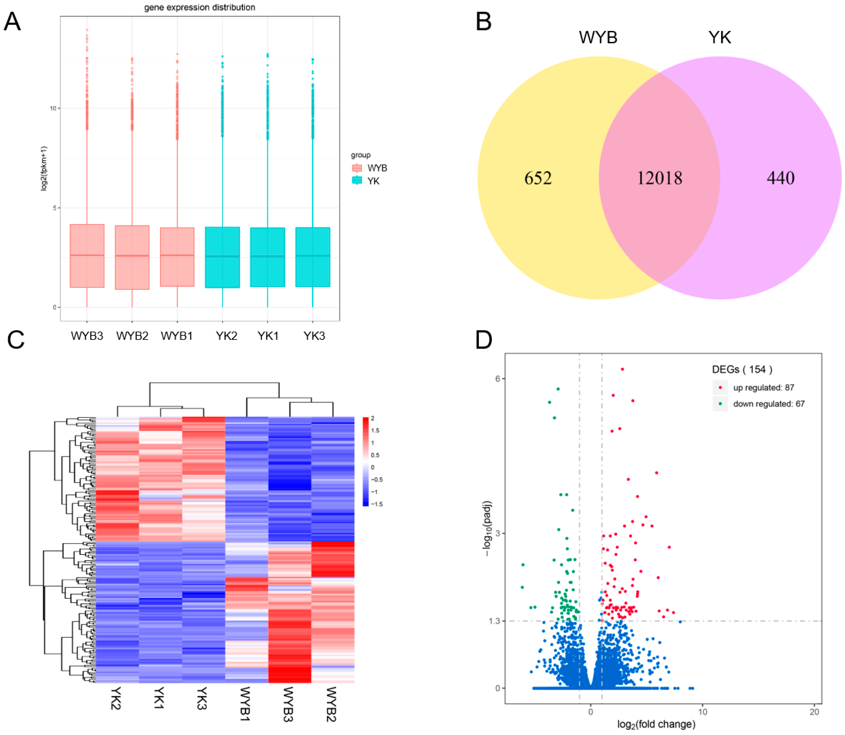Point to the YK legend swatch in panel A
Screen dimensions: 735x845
pos(357,181)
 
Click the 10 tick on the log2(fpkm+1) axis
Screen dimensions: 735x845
pos(52,108)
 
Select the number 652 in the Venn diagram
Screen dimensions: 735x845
pos(537,178)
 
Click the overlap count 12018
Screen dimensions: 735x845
pos(659,178)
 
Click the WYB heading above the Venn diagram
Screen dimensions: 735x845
pos(598,37)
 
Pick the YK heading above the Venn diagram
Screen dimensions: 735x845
pos(720,37)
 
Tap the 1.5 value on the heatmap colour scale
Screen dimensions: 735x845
pos(375,431)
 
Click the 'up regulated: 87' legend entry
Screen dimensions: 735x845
pos(763,388)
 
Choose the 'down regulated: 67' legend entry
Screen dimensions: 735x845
pos(768,404)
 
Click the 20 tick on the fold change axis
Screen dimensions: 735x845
pos(814,712)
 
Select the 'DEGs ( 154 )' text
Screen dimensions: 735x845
pos(742,370)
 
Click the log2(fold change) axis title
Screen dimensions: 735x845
pos(656,725)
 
